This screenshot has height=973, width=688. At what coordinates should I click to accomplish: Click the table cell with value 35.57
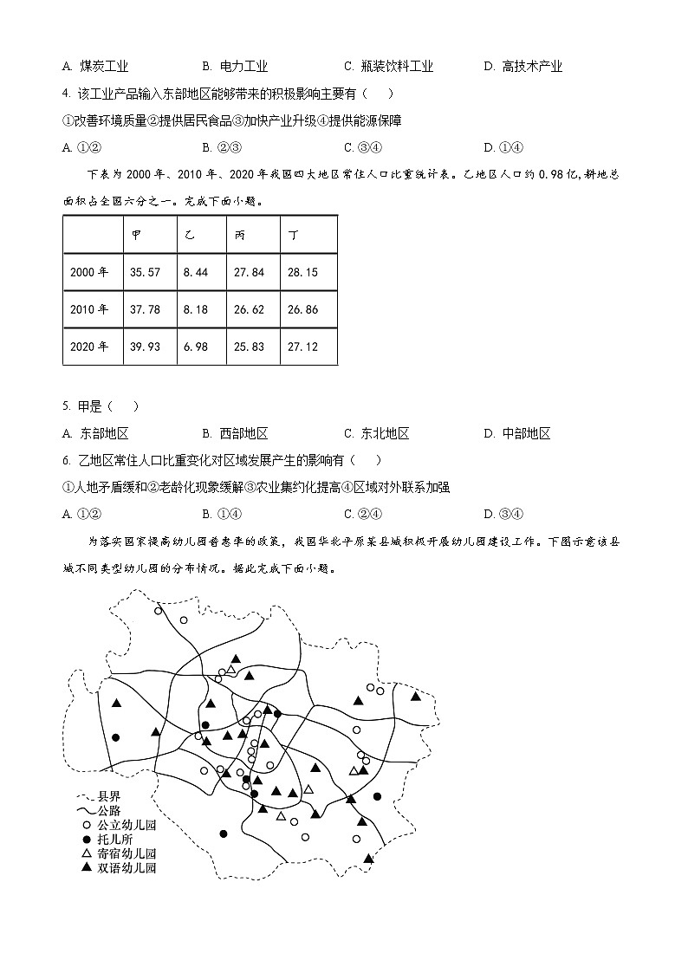[x=144, y=272]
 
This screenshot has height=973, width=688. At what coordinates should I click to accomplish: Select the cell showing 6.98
[x=197, y=347]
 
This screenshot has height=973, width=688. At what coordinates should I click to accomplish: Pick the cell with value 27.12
[x=302, y=347]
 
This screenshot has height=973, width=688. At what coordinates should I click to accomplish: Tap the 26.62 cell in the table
[x=249, y=309]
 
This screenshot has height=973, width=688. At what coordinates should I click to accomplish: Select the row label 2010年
[x=89, y=309]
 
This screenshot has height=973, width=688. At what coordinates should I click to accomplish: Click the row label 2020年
[x=89, y=347]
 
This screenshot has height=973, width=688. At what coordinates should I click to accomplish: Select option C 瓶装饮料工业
[x=388, y=67]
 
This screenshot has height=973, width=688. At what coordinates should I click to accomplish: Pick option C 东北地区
[x=376, y=434]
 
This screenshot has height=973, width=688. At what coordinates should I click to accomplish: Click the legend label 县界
[x=108, y=796]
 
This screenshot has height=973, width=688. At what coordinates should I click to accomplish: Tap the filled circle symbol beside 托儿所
[x=86, y=840]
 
